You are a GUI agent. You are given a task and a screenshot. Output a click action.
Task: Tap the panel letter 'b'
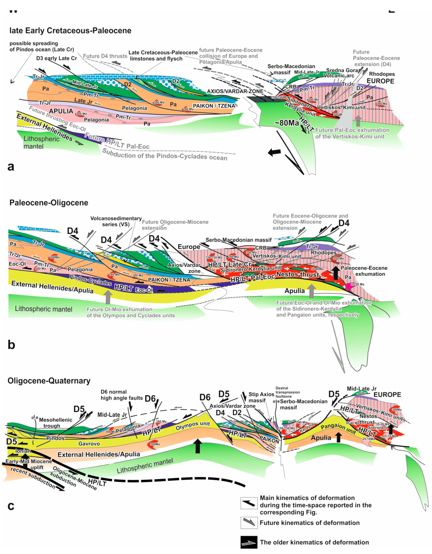pyautogui.click(x=11, y=345)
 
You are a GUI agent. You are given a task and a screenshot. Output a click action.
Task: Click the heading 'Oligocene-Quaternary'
pyautogui.click(x=49, y=381)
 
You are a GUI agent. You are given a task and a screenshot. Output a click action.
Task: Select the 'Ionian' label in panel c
pyautogui.click(x=23, y=451)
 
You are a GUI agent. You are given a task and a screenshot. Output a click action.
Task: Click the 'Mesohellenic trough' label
pyautogui.click(x=52, y=423)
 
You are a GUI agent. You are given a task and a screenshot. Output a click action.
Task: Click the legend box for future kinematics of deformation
pyautogui.click(x=249, y=523)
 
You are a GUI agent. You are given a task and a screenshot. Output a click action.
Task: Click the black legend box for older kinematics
pyautogui.click(x=249, y=542)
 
